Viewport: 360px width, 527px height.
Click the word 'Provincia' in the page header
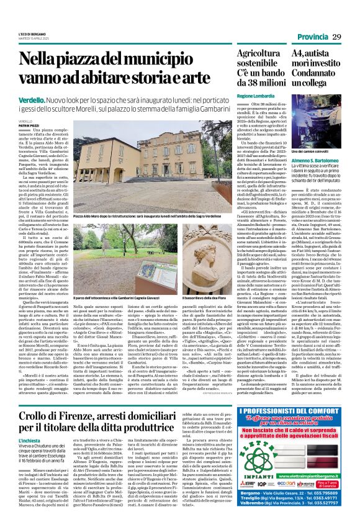coord(313,37)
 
